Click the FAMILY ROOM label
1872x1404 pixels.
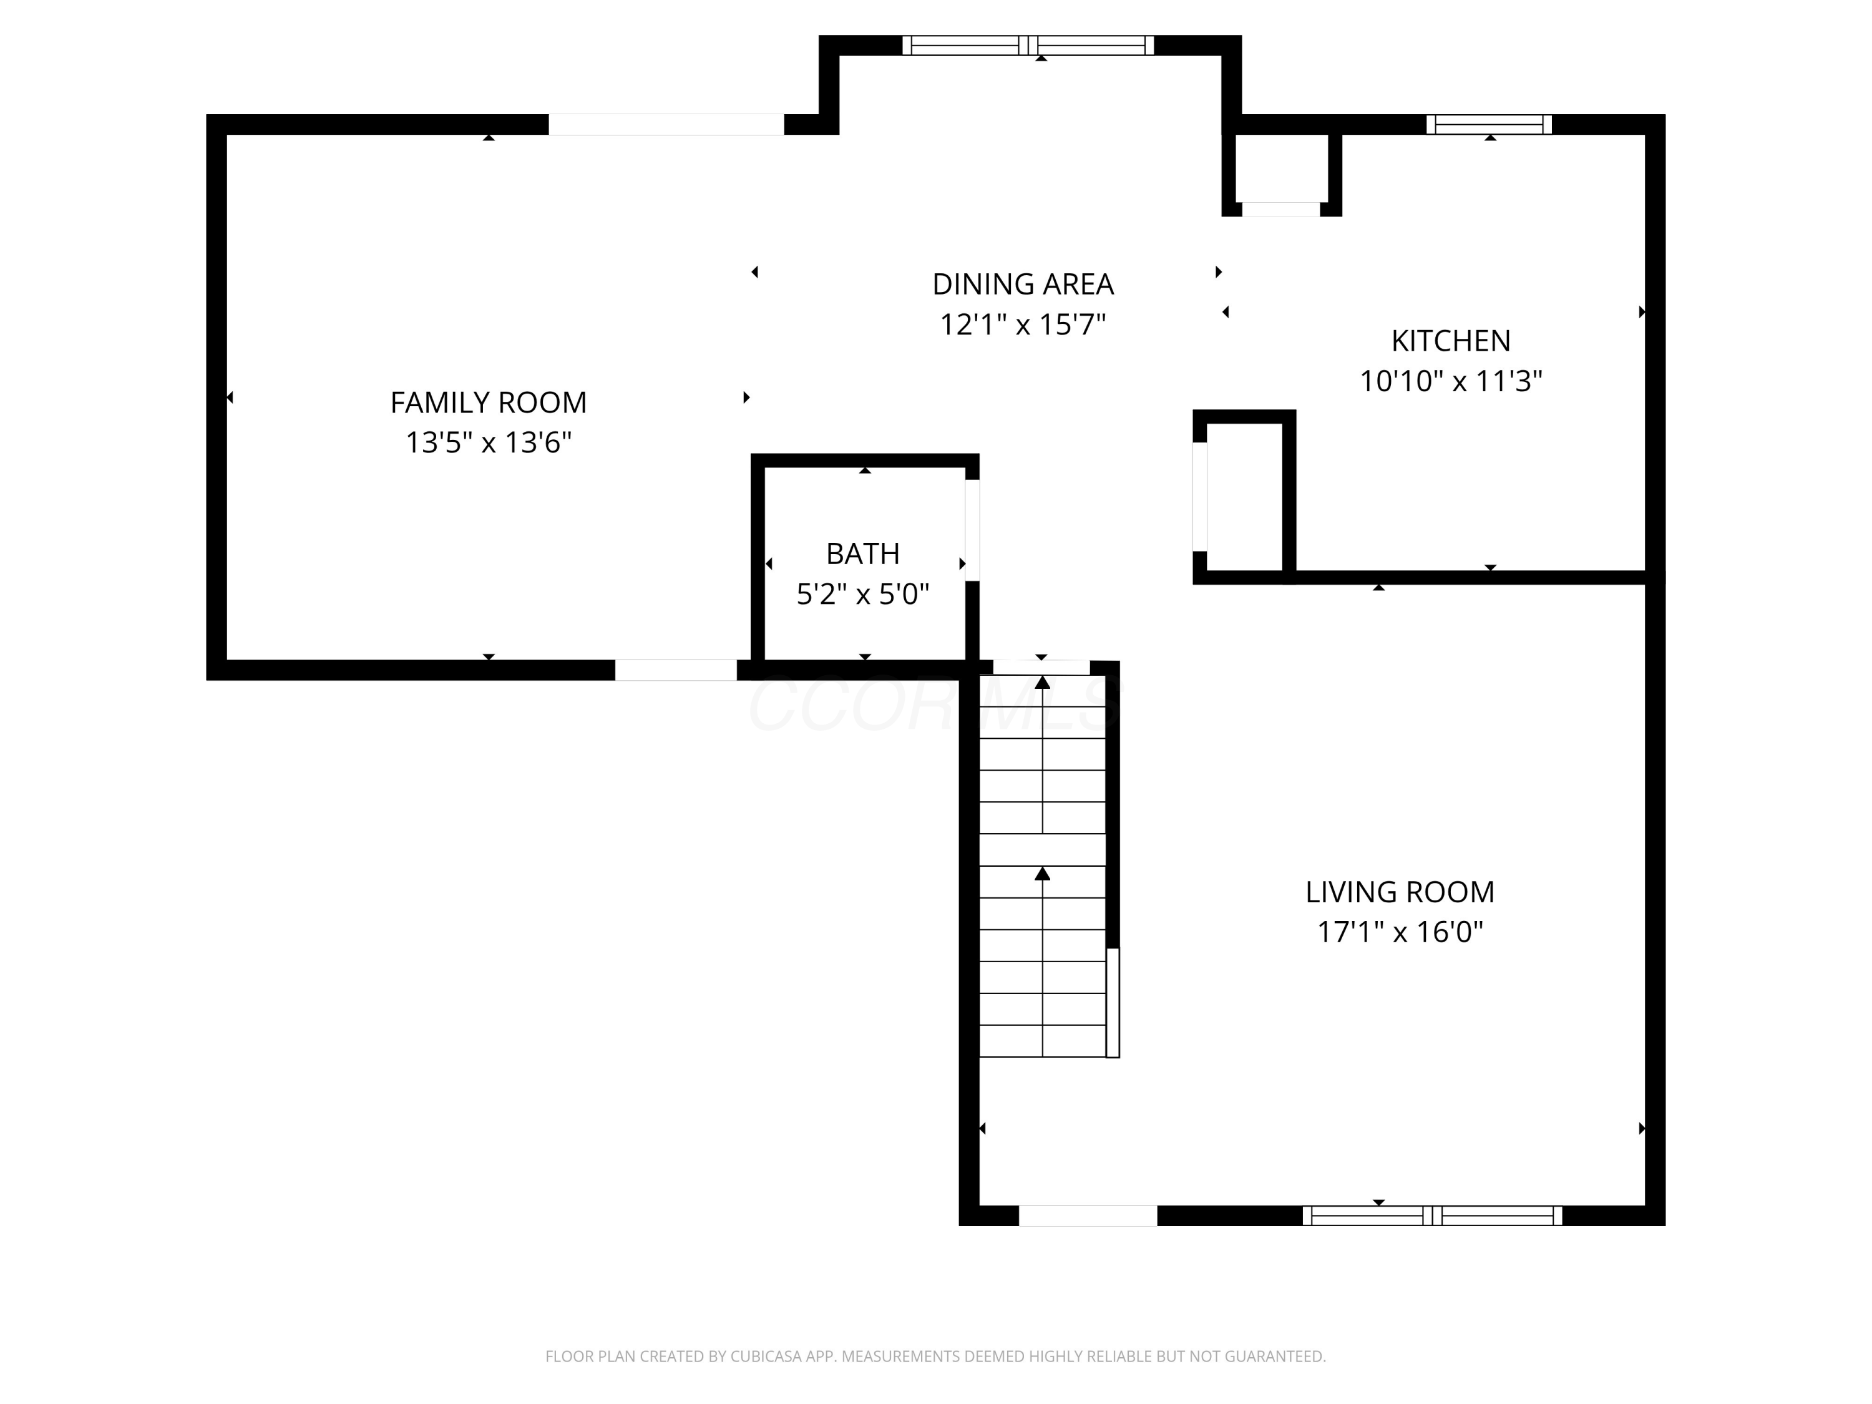click(x=489, y=403)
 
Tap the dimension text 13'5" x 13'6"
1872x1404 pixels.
click(x=489, y=442)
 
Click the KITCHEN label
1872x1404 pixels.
click(x=1451, y=341)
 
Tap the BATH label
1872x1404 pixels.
click(x=862, y=554)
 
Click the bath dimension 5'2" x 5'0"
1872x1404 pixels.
click(x=862, y=595)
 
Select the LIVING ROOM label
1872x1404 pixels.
click(x=1400, y=892)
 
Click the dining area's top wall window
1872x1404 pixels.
click(x=1027, y=46)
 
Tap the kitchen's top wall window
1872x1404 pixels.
click(x=1489, y=124)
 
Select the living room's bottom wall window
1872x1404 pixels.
click(x=1432, y=1216)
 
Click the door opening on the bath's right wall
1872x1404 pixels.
click(x=972, y=530)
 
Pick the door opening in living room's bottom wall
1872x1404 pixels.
click(x=1088, y=1216)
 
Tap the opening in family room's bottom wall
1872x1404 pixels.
click(x=675, y=670)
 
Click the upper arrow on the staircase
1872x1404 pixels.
click(x=1043, y=682)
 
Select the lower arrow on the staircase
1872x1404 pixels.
click(x=1043, y=874)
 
